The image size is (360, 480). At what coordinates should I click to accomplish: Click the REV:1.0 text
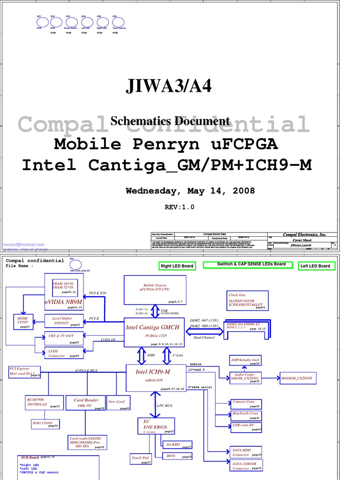click(179, 207)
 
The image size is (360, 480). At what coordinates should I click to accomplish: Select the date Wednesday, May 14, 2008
click(190, 191)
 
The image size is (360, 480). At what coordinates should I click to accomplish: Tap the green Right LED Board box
click(177, 266)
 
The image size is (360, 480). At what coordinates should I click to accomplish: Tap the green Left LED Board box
click(315, 266)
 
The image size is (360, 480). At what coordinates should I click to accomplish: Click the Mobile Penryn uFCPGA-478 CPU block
click(155, 290)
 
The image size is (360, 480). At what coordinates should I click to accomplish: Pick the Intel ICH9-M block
click(153, 376)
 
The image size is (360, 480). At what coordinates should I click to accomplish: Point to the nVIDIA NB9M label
click(64, 302)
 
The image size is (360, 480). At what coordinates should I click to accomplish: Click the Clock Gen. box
click(247, 300)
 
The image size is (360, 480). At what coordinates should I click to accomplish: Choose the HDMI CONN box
click(23, 322)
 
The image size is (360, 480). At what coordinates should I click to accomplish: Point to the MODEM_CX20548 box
click(298, 378)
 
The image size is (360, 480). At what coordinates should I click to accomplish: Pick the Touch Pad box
click(141, 459)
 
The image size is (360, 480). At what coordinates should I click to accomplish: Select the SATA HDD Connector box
click(247, 452)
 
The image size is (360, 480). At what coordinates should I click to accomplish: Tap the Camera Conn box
click(245, 403)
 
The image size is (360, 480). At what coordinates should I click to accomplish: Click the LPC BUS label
click(165, 405)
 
